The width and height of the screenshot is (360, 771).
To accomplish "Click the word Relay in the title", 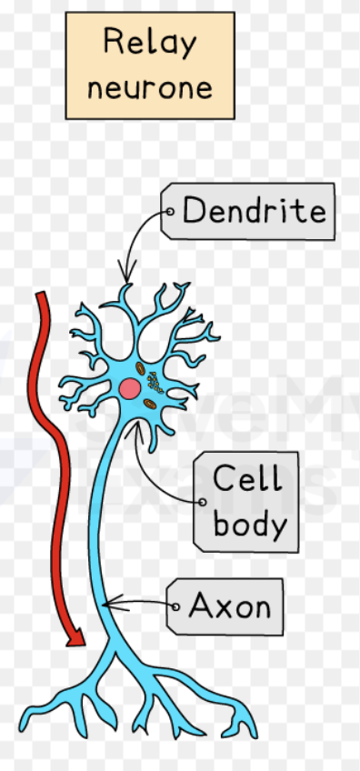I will click(x=149, y=43).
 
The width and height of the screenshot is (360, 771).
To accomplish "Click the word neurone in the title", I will click(x=150, y=88).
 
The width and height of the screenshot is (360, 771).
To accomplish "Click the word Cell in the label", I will click(x=246, y=479).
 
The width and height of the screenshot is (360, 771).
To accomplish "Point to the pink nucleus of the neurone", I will click(x=130, y=389).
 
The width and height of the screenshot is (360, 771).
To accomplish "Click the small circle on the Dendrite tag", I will click(x=170, y=213).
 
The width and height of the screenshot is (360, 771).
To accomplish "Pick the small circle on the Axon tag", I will click(x=175, y=606).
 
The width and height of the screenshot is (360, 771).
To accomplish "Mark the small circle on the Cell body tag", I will click(x=203, y=500).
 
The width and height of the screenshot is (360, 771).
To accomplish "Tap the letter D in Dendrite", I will click(x=194, y=212).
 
